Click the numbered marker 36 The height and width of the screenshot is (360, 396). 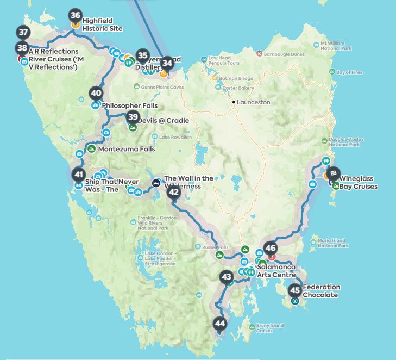76,16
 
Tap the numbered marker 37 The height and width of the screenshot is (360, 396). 23,32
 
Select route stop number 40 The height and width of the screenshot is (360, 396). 96,93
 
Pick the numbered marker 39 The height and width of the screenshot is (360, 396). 133,117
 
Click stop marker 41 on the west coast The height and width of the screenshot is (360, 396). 79,175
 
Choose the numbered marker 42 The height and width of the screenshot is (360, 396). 174,192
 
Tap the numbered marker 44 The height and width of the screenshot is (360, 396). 219,324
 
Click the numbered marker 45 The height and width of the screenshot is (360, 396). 294,290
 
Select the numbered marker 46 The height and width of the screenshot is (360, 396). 270,248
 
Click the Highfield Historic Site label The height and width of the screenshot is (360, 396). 102,25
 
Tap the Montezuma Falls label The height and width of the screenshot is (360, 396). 127,149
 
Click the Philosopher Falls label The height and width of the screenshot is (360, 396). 130,106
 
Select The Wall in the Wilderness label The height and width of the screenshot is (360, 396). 188,182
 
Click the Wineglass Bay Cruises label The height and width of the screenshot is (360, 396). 359,182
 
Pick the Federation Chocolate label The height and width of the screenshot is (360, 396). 321,291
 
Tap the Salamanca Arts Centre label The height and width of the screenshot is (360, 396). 276,271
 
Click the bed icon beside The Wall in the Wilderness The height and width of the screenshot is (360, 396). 156,183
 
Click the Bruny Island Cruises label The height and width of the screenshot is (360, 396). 270,328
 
